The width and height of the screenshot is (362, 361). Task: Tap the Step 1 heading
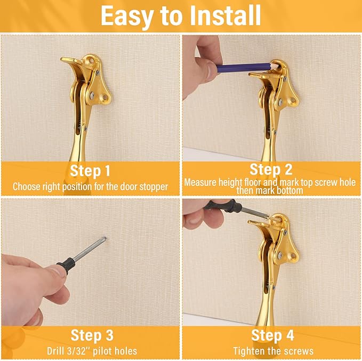click(90, 171)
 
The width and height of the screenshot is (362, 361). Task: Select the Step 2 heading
click(271, 170)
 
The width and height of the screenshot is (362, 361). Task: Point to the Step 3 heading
click(90, 335)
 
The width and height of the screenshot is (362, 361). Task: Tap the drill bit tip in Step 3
click(105, 239)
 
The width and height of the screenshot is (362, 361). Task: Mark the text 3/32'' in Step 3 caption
click(81, 351)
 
